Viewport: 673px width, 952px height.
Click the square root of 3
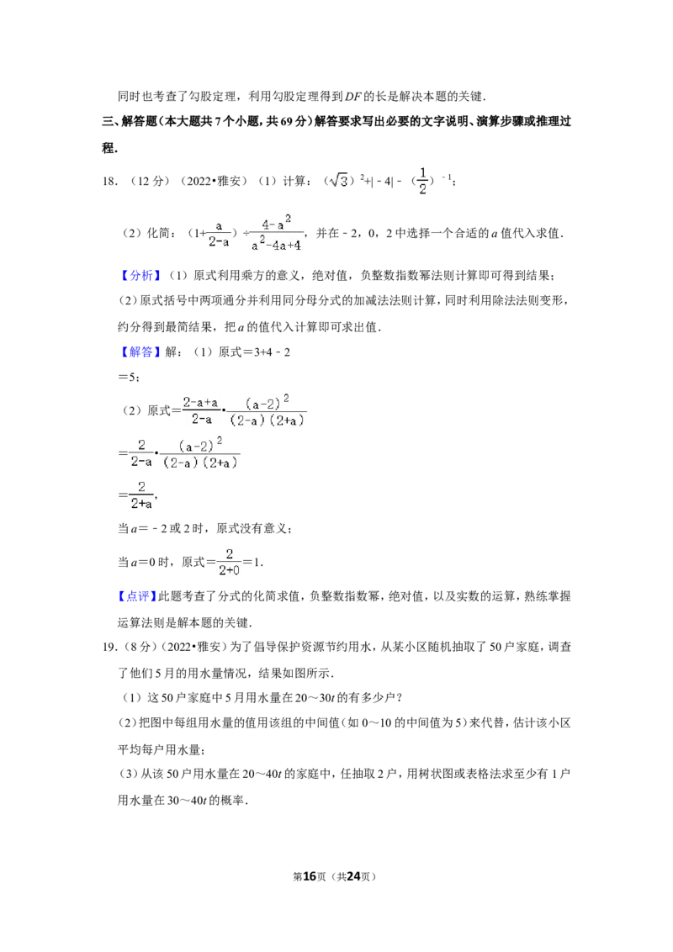[337, 179]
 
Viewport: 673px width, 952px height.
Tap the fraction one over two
[421, 181]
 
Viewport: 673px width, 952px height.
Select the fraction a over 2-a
[219, 233]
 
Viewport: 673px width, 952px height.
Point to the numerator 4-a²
[277, 223]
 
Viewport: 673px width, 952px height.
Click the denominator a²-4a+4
[276, 245]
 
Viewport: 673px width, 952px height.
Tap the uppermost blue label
[140, 275]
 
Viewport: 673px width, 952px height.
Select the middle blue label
[140, 353]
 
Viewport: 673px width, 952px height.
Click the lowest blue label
[136, 596]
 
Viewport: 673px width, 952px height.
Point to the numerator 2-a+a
[200, 402]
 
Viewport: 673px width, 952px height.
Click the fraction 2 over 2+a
[141, 495]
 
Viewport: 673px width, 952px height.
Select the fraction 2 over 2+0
[229, 562]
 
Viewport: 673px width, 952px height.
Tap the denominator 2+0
[229, 570]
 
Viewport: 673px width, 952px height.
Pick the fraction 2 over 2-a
[141, 452]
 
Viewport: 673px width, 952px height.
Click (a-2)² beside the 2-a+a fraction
[268, 402]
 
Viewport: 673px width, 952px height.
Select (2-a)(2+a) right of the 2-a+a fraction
[268, 420]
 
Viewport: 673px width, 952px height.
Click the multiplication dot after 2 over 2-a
[157, 453]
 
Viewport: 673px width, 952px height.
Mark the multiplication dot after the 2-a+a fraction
[224, 412]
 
